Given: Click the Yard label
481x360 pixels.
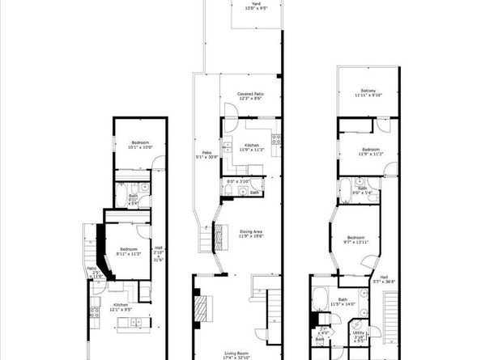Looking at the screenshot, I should pyautogui.click(x=256, y=4).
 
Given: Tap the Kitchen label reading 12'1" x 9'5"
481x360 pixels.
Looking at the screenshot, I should pyautogui.click(x=115, y=307).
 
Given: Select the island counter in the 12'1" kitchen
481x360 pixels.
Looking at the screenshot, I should pyautogui.click(x=130, y=324).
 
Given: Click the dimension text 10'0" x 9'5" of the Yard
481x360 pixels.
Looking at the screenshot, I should pyautogui.click(x=256, y=10).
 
